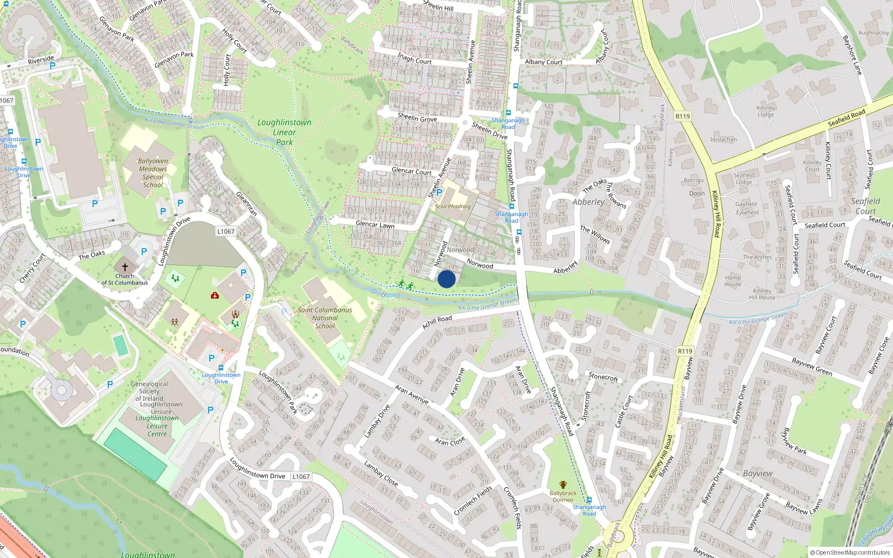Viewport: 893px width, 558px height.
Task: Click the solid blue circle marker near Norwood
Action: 446,279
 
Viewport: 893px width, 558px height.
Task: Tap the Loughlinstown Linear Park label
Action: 285,132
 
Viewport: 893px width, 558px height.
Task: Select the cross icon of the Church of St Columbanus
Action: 124,267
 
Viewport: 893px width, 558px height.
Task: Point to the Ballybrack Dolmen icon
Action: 563,485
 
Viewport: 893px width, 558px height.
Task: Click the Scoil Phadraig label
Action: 453,206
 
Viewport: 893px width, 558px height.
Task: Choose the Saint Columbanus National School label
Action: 325,318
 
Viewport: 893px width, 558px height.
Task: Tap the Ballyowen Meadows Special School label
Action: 153,172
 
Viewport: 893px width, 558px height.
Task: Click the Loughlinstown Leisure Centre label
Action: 157,426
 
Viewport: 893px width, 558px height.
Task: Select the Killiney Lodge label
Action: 766,111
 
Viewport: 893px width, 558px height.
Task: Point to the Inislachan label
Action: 723,139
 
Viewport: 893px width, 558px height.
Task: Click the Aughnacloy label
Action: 873,33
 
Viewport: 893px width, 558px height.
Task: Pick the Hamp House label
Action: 733,281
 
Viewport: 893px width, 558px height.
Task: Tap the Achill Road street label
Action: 437,322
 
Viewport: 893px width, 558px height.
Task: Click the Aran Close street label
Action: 450,441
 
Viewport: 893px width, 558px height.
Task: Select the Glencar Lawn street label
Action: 375,224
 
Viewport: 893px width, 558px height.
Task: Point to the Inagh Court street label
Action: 415,59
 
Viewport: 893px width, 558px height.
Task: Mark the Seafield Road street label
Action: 847,118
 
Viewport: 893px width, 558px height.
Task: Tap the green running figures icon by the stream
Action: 406,285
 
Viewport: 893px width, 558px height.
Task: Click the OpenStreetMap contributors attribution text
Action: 849,553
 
